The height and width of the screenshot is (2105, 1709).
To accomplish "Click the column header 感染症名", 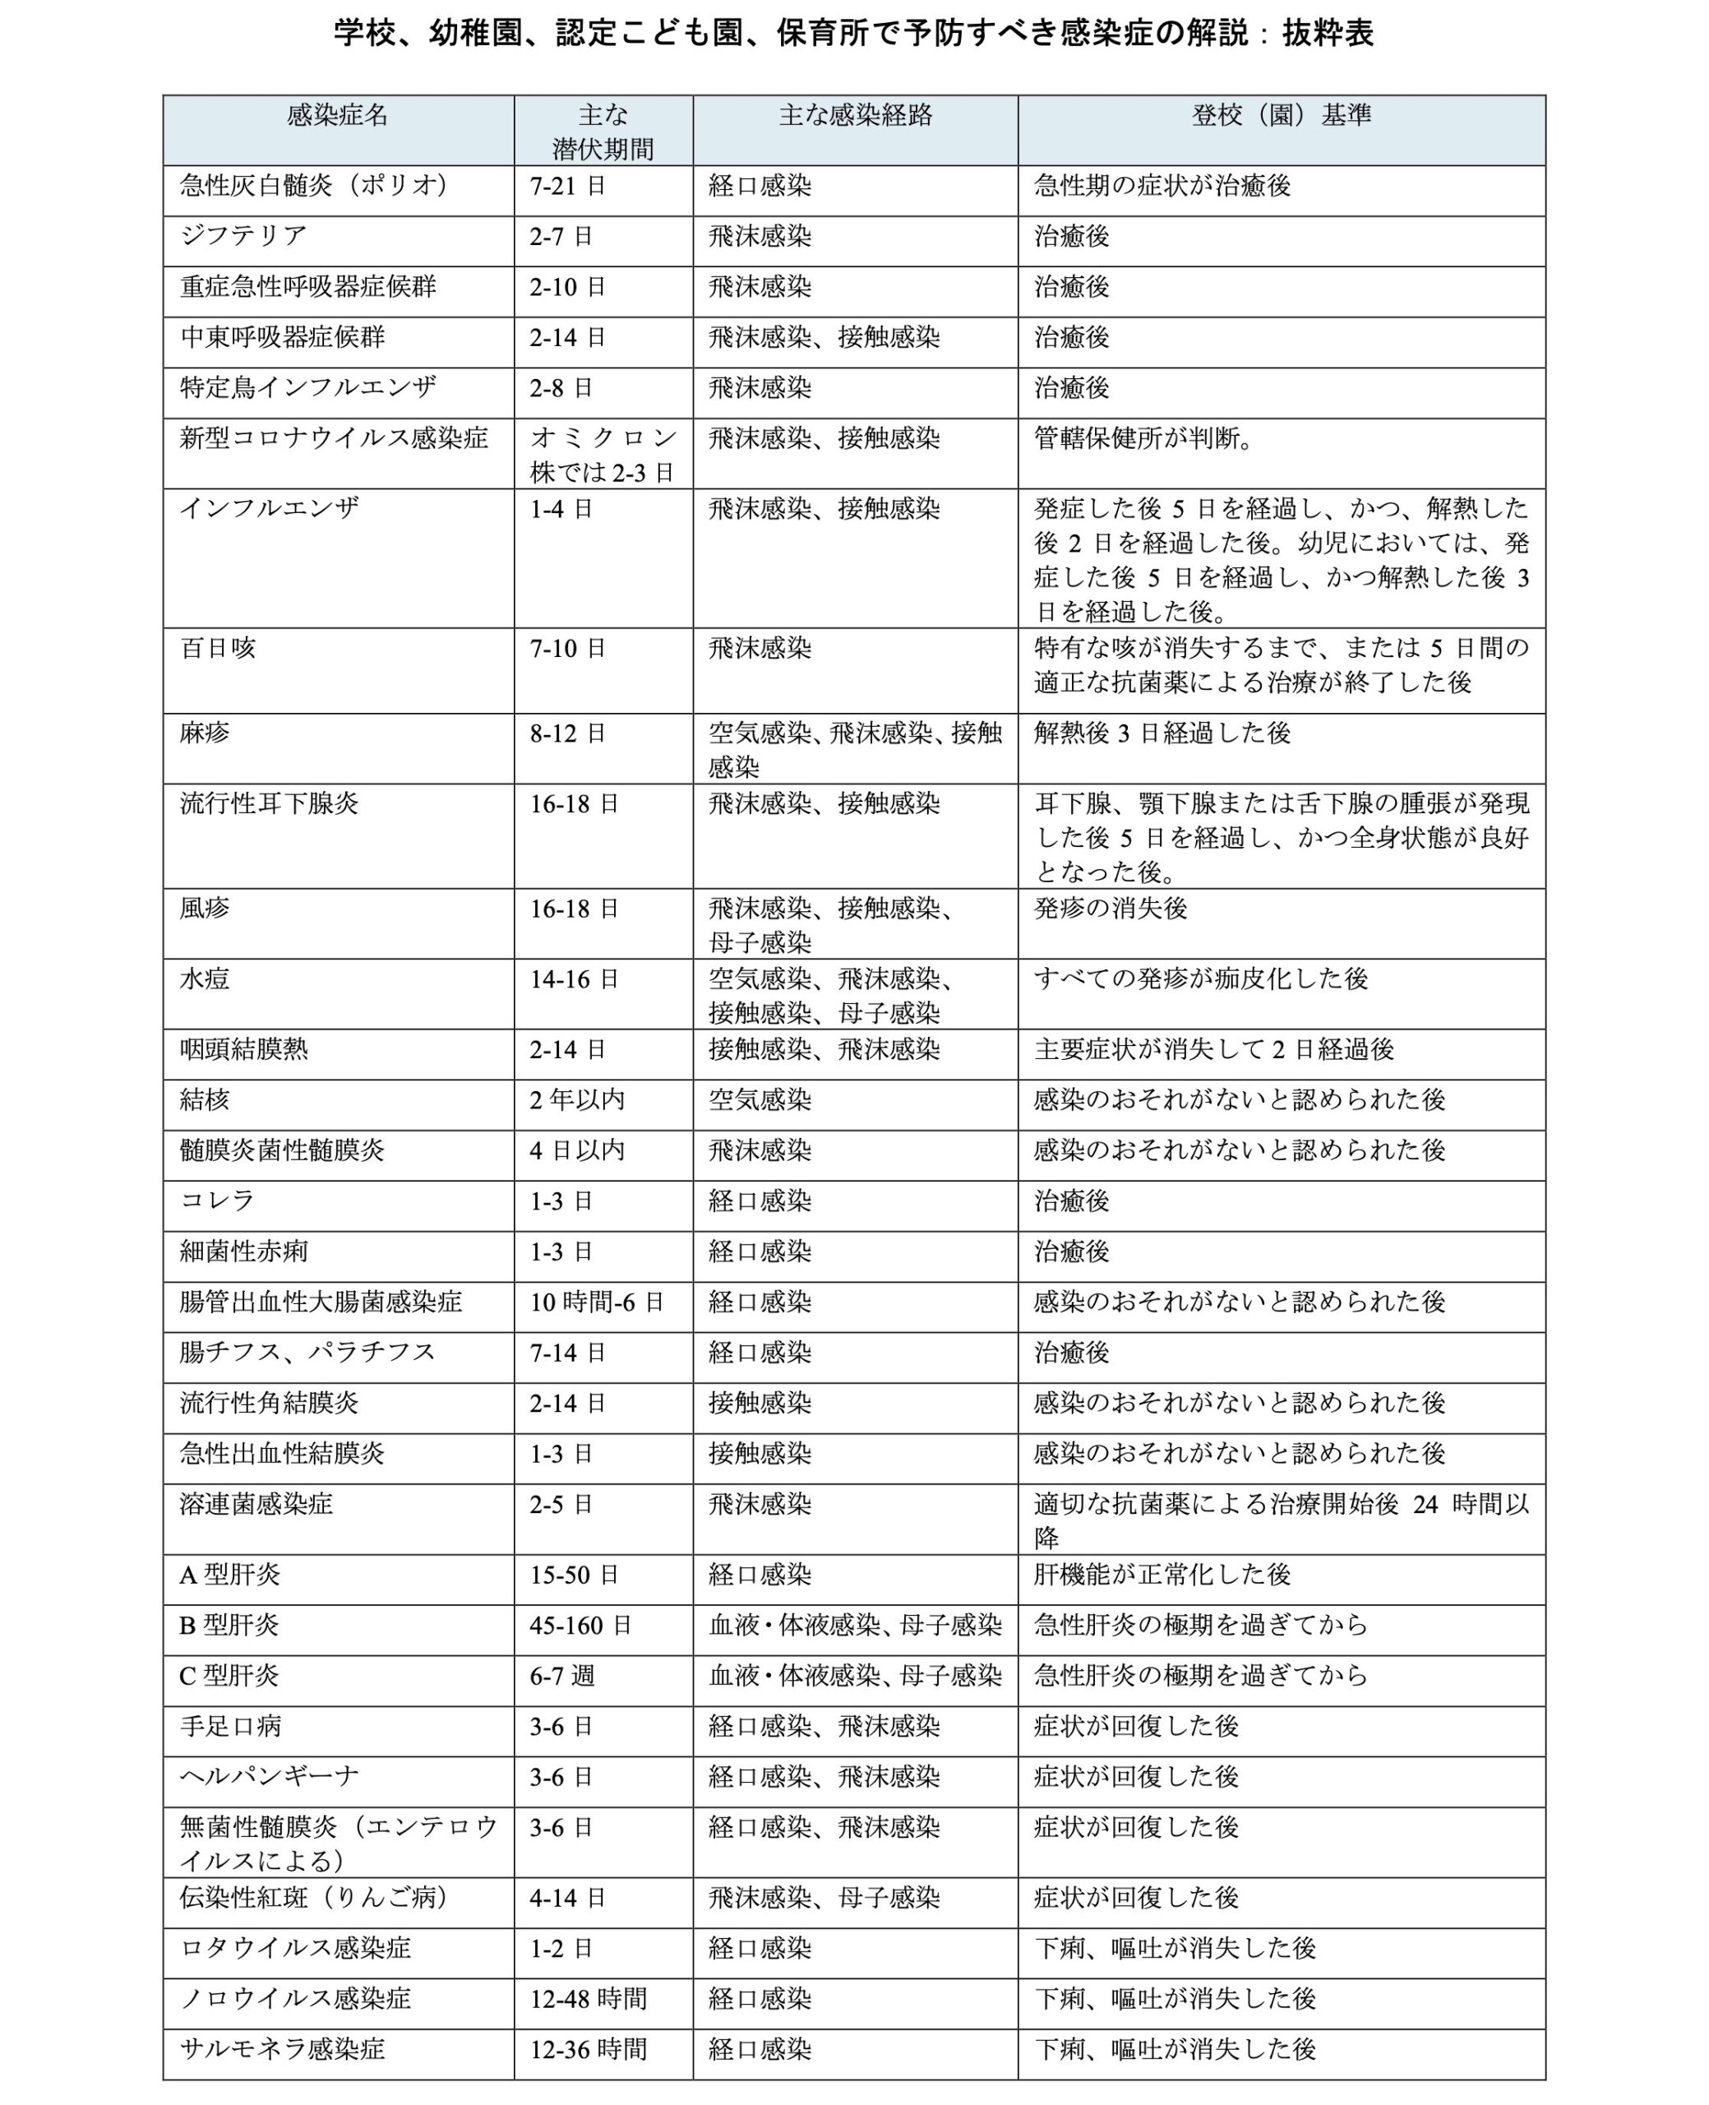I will [x=338, y=116].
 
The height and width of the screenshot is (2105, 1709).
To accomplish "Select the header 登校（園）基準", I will [x=1281, y=116].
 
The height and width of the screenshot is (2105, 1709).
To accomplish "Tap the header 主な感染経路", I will [x=855, y=116].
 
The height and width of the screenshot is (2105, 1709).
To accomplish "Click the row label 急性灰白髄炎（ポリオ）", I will [x=314, y=185].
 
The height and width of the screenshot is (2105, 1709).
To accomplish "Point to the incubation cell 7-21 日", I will [x=568, y=186].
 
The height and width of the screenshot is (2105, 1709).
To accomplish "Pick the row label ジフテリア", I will [x=243, y=235].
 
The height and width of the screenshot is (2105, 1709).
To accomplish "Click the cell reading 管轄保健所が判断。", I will [x=1145, y=438].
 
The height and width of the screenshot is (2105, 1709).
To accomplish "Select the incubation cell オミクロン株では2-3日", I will [x=603, y=455].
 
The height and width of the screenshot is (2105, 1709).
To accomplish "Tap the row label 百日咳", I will [x=218, y=648].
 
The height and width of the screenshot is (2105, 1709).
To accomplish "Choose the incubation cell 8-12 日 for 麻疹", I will [x=567, y=733].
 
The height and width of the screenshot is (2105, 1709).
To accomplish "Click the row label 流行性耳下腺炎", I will [x=269, y=803].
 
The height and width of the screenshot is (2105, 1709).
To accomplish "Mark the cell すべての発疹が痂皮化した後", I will [x=1200, y=978].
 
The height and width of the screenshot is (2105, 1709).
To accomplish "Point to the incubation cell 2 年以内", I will [x=577, y=1099].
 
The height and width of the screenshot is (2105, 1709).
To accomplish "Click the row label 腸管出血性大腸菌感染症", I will [x=320, y=1302].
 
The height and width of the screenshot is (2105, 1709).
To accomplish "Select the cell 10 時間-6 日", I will [x=597, y=1302].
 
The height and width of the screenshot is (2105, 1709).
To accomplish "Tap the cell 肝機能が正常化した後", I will [x=1162, y=1575].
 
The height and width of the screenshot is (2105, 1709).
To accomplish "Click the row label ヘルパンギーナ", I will [x=269, y=1776].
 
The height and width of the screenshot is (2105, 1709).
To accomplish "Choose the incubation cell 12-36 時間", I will [x=588, y=2049].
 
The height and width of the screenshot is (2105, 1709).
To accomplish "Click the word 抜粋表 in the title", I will [x=1328, y=34].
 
